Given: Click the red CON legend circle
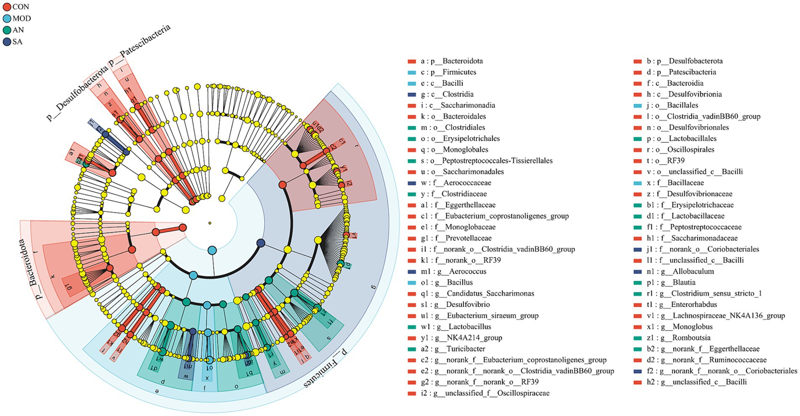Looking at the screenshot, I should coord(7,7).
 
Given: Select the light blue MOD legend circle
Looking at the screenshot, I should coord(7,19).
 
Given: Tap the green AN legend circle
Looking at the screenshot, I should coord(7,30).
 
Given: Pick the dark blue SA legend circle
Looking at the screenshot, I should coord(7,42).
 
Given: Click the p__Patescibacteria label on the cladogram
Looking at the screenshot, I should coord(140,46).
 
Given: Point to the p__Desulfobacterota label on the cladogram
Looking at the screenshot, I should coord(77,93).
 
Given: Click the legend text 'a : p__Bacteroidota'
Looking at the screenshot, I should coord(452,61).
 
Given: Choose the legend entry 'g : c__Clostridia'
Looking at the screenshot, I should coord(447,94).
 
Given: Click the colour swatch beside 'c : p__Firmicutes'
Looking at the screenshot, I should coord(411,72).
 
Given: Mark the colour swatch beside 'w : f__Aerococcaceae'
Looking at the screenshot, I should coord(411,183).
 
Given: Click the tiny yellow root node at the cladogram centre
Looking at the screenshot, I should coord(209,223).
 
